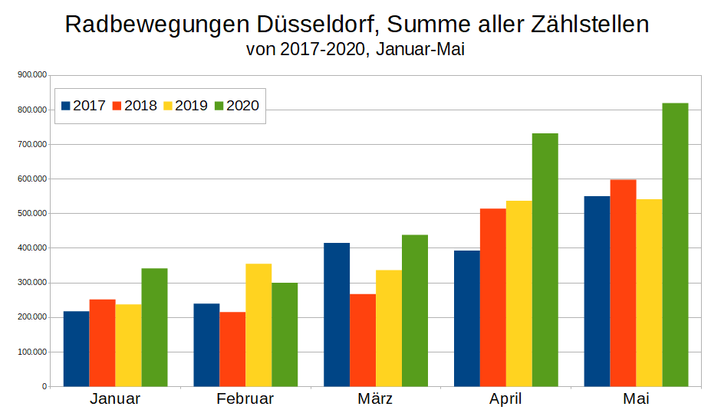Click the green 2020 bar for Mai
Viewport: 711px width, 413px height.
[x=675, y=244]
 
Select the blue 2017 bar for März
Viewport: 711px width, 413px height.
[x=337, y=314]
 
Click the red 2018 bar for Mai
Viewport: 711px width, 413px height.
[x=623, y=283]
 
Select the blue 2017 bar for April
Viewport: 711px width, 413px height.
[x=467, y=318]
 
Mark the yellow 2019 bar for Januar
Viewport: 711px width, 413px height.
[x=128, y=345]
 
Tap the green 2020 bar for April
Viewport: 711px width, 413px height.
[x=545, y=260]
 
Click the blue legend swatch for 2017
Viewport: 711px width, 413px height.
[x=65, y=106]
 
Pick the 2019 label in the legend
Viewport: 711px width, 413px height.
[x=191, y=106]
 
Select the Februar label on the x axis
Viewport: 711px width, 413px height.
[x=245, y=399]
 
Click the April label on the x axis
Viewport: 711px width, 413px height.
[x=505, y=399]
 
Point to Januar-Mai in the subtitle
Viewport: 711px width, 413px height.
[x=422, y=51]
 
